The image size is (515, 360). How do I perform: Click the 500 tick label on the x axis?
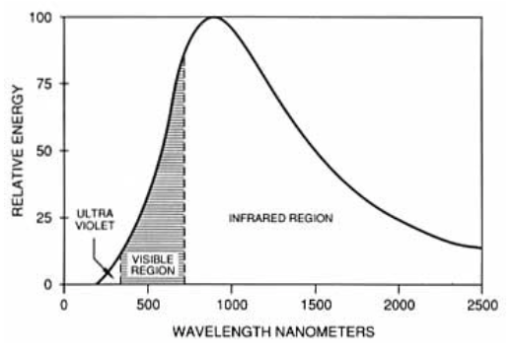click(148, 305)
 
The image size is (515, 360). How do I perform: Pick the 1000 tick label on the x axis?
click(231, 305)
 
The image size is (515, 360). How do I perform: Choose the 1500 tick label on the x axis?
click(315, 305)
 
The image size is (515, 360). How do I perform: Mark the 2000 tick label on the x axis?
click(399, 305)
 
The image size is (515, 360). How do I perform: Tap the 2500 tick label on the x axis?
click(481, 305)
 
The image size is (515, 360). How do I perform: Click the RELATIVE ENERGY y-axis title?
click(17, 150)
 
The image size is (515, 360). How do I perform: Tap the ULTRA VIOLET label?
click(96, 220)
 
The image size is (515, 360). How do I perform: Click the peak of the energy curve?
click(214, 17)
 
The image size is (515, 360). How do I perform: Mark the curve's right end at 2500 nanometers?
click(481, 248)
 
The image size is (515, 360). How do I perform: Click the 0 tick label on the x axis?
click(65, 305)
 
